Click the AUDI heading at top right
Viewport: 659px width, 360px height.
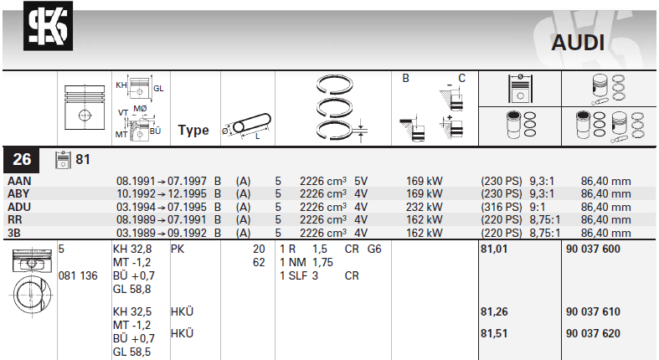coord(578,43)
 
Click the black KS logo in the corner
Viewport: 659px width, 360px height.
coord(48,26)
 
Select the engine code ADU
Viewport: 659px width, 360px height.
coord(19,207)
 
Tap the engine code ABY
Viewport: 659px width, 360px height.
coord(18,193)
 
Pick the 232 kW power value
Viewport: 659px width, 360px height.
coord(424,207)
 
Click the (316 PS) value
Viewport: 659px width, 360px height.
coord(502,207)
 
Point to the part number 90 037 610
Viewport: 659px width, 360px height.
coord(593,311)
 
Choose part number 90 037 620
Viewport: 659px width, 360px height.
coord(593,333)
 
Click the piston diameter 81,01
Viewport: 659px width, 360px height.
coord(494,249)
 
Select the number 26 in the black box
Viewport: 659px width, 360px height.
coord(22,160)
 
